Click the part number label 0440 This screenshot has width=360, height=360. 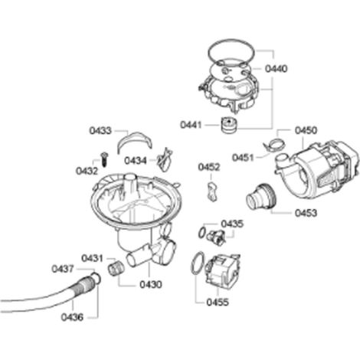(276, 69)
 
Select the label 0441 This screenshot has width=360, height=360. (191, 125)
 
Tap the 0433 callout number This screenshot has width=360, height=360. (100, 131)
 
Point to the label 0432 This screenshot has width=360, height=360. (87, 171)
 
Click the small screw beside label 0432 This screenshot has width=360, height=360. (104, 159)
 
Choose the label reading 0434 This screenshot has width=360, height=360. (136, 161)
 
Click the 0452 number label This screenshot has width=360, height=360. (209, 167)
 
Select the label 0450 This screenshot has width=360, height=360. (306, 130)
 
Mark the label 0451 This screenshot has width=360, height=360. (243, 158)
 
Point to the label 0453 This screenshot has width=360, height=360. (306, 213)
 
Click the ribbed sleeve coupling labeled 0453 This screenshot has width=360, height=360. (260, 197)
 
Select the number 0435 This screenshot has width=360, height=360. (232, 224)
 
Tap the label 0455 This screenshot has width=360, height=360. (218, 303)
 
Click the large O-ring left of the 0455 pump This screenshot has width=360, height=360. (198, 263)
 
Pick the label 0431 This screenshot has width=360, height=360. (93, 258)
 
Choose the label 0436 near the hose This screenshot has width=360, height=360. (72, 317)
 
